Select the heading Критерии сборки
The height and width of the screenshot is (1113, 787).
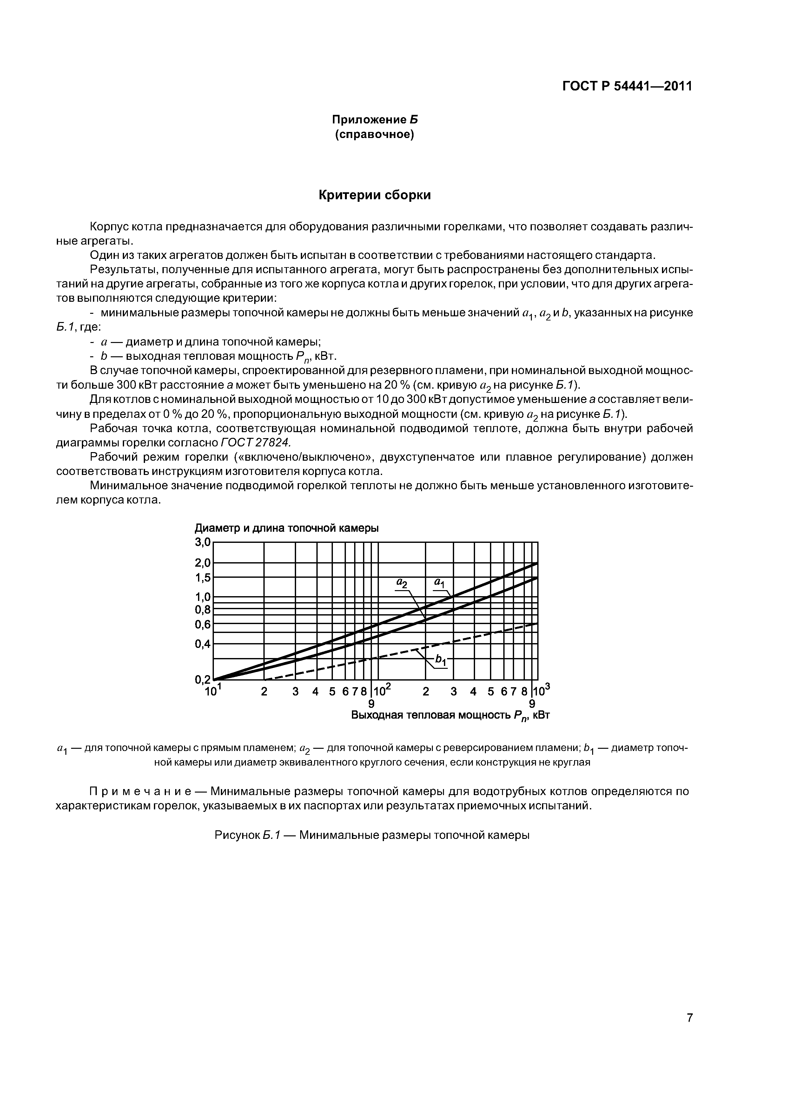374,195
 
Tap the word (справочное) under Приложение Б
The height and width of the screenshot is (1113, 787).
374,134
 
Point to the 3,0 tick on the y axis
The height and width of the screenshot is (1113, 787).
203,543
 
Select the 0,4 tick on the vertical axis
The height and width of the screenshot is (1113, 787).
203,644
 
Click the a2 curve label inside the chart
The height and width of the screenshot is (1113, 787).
402,583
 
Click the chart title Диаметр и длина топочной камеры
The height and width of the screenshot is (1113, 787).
287,528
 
